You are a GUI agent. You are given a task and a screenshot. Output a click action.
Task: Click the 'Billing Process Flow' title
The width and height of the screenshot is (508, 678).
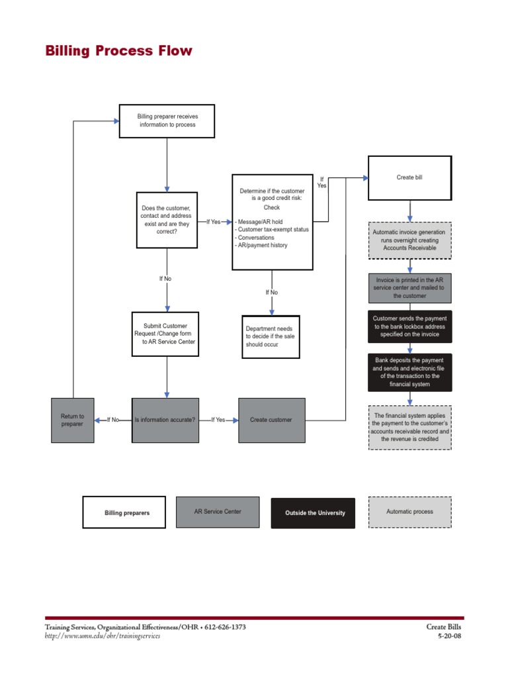[x=118, y=51]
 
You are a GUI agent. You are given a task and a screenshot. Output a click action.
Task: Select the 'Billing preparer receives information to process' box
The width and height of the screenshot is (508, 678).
[x=167, y=121]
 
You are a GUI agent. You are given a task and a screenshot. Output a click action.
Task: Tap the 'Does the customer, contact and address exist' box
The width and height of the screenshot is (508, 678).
[x=167, y=220]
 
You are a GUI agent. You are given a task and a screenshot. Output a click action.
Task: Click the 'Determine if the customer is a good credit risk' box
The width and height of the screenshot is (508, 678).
[x=272, y=222]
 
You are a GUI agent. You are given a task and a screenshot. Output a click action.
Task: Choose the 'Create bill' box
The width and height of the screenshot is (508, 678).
[x=409, y=177]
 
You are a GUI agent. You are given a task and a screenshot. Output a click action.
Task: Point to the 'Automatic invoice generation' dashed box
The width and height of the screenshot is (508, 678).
[x=409, y=240]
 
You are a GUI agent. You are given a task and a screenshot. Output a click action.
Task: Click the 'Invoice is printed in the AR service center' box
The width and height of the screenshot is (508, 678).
[x=409, y=288]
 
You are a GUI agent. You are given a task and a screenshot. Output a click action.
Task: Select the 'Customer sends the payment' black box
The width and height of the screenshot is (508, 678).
[x=409, y=326]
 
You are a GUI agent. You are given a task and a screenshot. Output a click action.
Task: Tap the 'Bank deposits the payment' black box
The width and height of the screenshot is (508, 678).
[x=409, y=372]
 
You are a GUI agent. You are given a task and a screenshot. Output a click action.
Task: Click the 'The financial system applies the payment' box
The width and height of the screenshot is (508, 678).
[x=409, y=427]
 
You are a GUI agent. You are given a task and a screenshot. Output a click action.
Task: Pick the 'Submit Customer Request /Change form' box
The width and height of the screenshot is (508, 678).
[x=165, y=334]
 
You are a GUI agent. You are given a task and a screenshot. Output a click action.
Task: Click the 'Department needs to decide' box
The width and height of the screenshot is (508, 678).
[x=271, y=336]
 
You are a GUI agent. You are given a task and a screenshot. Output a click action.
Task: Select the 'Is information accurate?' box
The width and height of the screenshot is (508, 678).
[x=165, y=420]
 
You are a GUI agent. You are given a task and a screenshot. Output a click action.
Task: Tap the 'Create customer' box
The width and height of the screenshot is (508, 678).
[x=271, y=420]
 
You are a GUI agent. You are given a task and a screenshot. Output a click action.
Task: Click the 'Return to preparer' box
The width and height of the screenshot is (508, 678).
[x=73, y=420]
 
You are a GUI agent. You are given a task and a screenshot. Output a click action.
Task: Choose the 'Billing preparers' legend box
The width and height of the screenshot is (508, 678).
[x=124, y=512]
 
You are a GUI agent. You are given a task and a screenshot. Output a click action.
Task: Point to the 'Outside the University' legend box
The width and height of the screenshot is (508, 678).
[x=313, y=512]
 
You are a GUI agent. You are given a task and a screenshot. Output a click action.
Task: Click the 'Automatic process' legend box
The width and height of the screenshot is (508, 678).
[x=409, y=512]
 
